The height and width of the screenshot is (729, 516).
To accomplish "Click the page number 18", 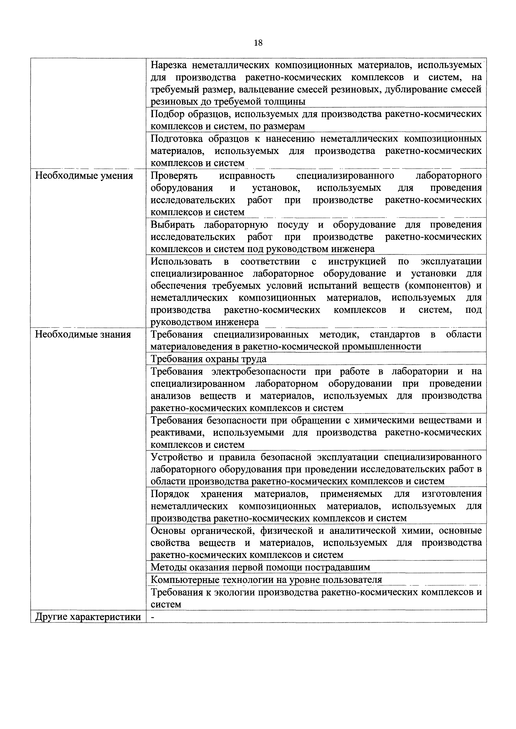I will click(x=258, y=43).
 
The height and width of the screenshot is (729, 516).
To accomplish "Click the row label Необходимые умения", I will click(x=84, y=176).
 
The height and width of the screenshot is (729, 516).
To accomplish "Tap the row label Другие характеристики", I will click(x=88, y=617).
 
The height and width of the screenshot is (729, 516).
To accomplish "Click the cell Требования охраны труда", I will click(x=208, y=359).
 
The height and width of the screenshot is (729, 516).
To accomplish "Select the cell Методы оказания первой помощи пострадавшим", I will click(x=260, y=567).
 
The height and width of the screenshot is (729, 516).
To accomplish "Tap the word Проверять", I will click(x=174, y=176).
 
